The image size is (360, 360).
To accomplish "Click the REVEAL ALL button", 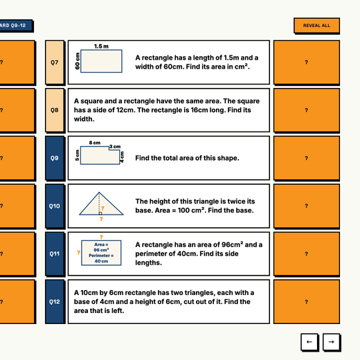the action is (316, 26).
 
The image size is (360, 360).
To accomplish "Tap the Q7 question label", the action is (55, 62).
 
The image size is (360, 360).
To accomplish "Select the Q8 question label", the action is (55, 110).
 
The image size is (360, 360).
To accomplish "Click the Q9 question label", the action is (55, 158).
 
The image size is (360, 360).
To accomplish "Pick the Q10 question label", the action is (55, 206).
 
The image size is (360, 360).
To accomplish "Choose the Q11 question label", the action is (55, 254).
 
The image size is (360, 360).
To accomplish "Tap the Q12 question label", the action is (55, 302).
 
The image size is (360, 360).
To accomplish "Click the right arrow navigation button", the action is (331, 342).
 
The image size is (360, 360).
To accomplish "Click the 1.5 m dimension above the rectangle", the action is (101, 46).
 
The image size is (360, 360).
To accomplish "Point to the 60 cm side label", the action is (78, 61).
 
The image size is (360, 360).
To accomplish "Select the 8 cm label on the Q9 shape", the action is (95, 143).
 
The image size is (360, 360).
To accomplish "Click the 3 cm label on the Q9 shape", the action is (115, 147).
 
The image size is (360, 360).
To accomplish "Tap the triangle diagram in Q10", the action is (101, 204).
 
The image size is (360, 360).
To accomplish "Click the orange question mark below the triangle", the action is (101, 219).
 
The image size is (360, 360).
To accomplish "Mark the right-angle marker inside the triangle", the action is (100, 213).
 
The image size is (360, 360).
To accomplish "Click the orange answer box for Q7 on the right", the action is (307, 62).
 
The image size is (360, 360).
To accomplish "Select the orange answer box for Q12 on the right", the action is (307, 302).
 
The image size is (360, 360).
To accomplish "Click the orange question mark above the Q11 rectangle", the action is (101, 237).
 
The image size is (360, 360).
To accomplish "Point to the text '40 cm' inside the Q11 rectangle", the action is (101, 261).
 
